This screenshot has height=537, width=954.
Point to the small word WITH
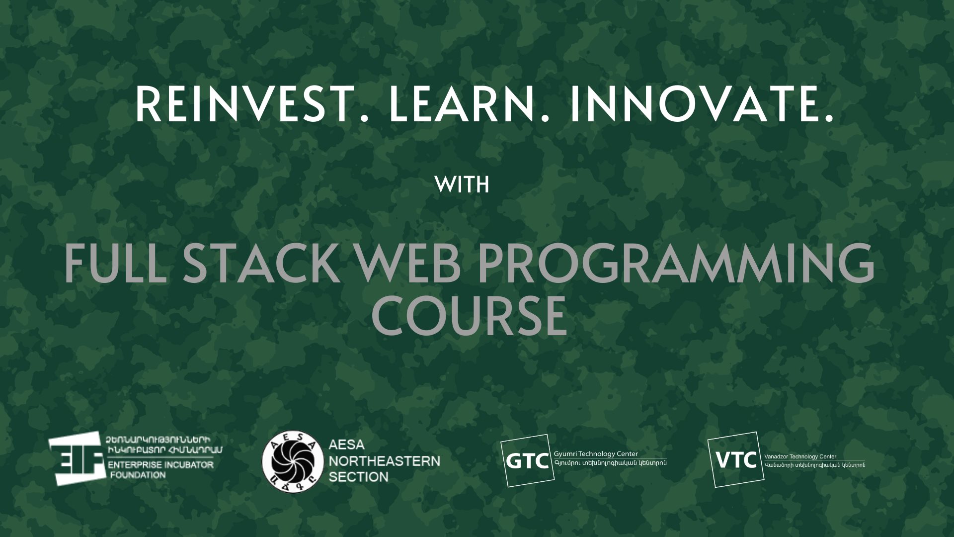(462, 185)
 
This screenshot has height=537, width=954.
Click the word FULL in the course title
(115, 264)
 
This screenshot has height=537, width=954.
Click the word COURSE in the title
(469, 316)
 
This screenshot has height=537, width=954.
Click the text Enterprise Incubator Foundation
(160, 469)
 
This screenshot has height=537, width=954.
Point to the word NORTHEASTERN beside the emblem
(385, 461)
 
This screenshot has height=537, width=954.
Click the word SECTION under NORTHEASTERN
(359, 477)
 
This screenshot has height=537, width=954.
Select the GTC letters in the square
(528, 461)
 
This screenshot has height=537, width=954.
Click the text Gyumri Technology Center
(596, 454)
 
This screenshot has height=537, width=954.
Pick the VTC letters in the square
(736, 460)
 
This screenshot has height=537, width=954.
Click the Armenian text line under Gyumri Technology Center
(610, 463)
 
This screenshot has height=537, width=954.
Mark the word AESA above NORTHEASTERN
(347, 445)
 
